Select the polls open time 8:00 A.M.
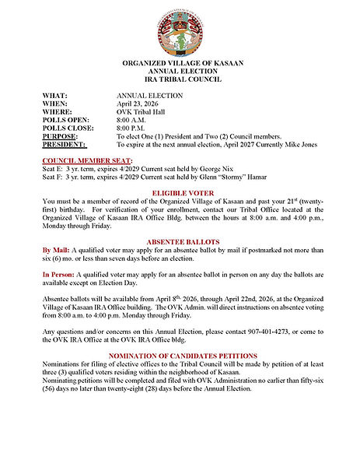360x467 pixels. pos(133,121)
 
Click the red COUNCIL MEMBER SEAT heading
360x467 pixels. pos(86,159)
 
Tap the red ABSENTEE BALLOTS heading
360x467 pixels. pos(183,241)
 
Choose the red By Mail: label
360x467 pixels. pos(57,251)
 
